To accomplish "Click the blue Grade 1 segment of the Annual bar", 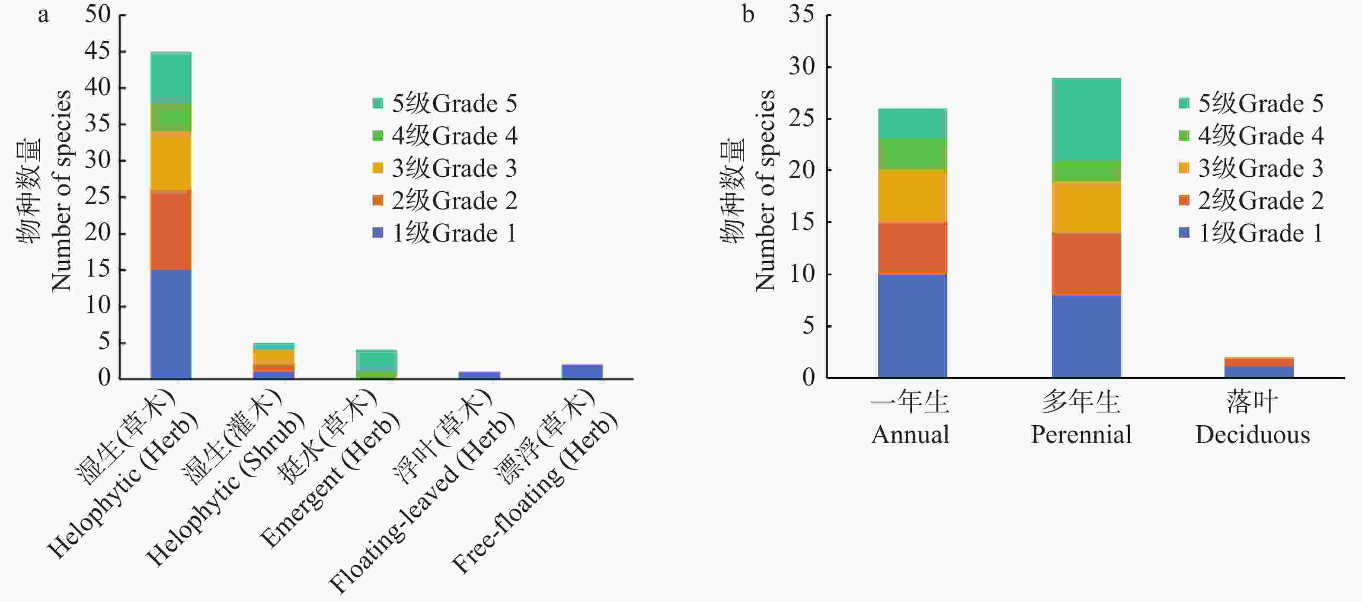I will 912,325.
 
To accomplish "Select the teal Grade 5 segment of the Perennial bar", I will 1086,119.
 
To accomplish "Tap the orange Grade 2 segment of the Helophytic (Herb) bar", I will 171,230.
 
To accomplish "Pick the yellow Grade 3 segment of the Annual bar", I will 912,196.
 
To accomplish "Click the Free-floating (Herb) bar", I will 582,372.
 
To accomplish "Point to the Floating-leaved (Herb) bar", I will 479,375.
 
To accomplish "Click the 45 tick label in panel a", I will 98,51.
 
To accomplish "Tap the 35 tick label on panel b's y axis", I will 802,14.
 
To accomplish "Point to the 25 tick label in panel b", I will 802,118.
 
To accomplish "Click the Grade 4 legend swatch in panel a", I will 377,136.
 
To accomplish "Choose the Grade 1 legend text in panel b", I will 1260,233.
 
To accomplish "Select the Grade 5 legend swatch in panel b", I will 1184,103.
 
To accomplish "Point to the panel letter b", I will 748,14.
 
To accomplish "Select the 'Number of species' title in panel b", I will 765,190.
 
